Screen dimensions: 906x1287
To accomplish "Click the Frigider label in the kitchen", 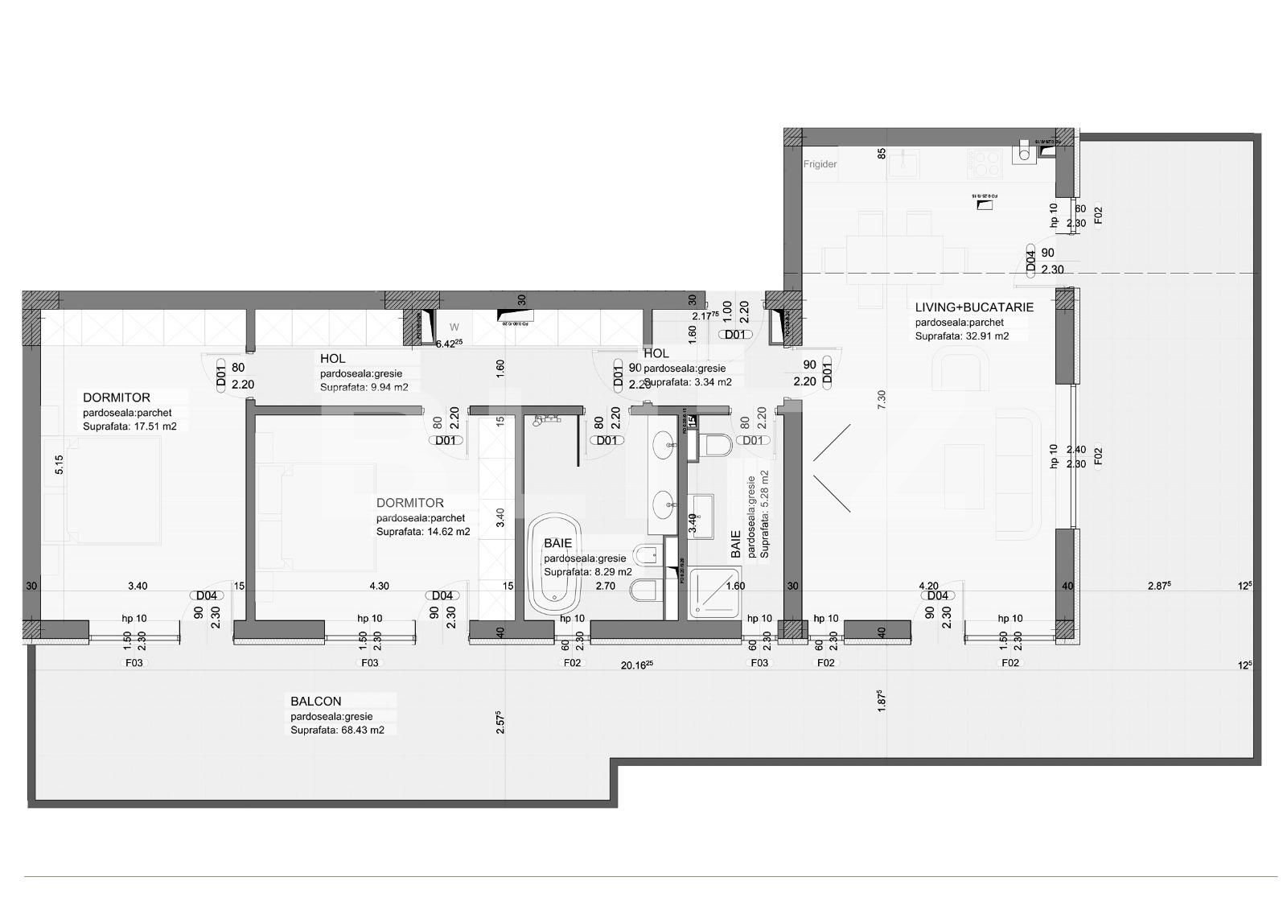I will (x=820, y=164).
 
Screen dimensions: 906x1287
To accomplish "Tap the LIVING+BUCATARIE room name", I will (x=973, y=307).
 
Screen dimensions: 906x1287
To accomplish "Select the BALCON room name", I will (x=316, y=702).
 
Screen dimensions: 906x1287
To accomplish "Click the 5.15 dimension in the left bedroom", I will (x=59, y=466).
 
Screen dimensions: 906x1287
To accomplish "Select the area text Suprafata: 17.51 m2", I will (x=130, y=427).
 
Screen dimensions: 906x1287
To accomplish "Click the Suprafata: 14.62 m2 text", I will (x=423, y=532).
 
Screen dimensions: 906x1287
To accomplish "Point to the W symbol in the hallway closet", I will (x=454, y=327).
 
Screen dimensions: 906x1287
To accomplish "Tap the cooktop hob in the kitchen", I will (x=987, y=165).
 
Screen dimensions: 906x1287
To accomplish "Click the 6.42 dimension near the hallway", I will (x=448, y=344).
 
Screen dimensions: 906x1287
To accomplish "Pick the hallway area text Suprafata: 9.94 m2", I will (x=364, y=387).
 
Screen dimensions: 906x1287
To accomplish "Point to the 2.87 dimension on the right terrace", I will (x=1157, y=587).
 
